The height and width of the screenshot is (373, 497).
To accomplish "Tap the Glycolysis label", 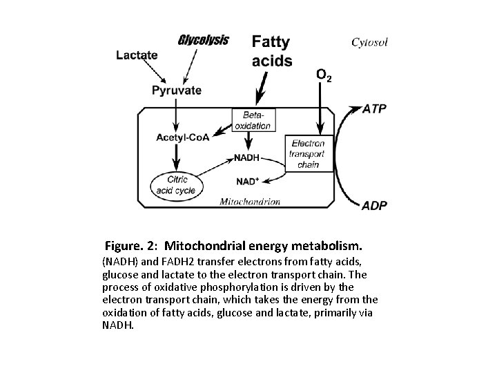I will tap(204, 39).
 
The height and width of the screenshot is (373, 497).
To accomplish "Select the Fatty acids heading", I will tap(271, 51).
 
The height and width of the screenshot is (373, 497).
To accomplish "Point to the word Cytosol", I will tap(369, 42).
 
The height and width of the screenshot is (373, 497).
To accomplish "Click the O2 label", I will tap(323, 75).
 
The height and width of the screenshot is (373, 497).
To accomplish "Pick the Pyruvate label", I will tap(177, 90).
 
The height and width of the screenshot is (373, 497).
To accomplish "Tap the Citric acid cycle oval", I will tap(177, 185).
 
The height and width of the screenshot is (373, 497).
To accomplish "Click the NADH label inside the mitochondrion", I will tap(246, 157).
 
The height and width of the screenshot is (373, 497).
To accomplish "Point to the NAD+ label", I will tap(248, 181).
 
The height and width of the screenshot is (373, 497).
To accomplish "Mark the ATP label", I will tap(376, 108).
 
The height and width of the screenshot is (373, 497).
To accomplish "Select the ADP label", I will tap(375, 205).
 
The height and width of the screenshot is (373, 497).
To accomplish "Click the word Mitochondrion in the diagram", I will tap(250, 202).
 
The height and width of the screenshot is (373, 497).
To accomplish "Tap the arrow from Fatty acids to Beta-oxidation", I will tap(261, 88).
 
